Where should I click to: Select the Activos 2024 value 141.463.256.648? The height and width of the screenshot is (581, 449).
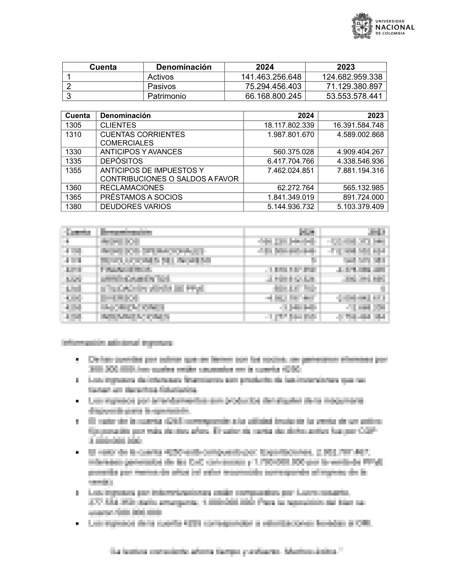pos(271,77)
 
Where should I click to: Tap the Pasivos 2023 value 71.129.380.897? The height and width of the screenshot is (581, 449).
pos(354,87)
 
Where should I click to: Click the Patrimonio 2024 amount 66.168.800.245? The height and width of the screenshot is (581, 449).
pos(273,96)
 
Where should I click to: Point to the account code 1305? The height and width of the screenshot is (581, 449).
pos(73,125)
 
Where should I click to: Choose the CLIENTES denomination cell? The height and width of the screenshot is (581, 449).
pos(118,125)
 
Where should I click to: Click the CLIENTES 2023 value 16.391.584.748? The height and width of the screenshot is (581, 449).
pos(358,125)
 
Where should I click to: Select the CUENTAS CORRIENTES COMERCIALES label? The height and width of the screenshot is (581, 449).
pos(142,139)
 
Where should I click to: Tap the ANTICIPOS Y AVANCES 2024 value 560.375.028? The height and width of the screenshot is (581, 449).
pos(293,152)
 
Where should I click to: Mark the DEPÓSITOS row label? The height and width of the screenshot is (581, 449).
pos(121,161)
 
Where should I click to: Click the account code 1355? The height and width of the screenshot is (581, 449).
pos(73,171)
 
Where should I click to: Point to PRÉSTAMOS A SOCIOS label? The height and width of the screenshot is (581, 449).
pos(141,197)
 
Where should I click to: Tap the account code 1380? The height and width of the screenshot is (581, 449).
pos(73,207)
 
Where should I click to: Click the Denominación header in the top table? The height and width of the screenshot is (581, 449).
pos(184,67)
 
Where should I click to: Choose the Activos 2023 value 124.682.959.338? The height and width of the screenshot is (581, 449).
pos(352,77)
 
